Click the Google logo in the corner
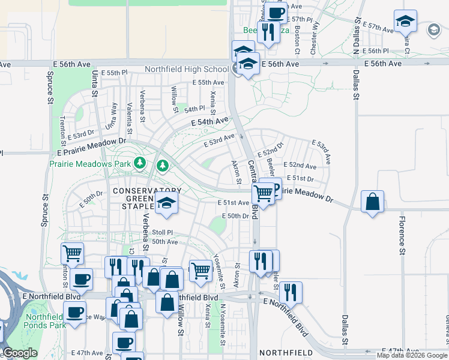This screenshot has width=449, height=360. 20,353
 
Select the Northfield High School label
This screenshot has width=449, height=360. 187,69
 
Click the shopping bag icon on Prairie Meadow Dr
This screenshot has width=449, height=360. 373,202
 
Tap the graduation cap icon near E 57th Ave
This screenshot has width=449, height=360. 406,22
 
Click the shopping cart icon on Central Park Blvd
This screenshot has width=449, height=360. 263,194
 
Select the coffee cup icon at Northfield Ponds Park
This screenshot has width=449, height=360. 74,313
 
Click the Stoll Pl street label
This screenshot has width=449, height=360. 162,232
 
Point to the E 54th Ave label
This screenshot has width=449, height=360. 210,122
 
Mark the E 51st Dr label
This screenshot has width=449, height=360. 300,178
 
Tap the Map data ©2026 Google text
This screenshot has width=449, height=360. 412,355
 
